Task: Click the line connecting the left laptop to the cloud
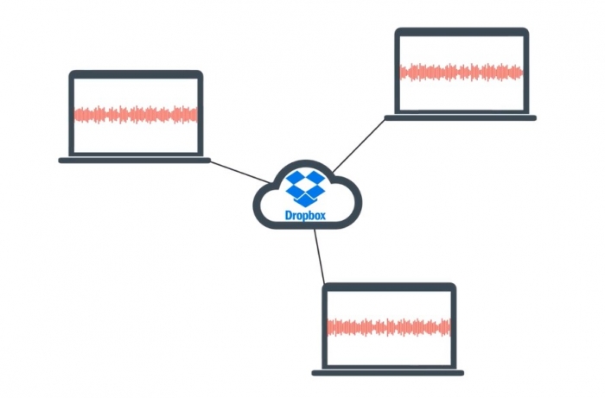coord(240,171)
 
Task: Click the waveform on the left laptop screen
coord(136,114)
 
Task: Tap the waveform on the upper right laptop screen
coord(462,72)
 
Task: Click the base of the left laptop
coord(135,160)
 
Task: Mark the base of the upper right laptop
coord(461,117)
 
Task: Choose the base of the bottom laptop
coord(388,373)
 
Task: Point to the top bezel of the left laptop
coord(136,74)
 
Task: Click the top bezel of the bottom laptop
coord(389,287)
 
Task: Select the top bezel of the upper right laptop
coord(462,32)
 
